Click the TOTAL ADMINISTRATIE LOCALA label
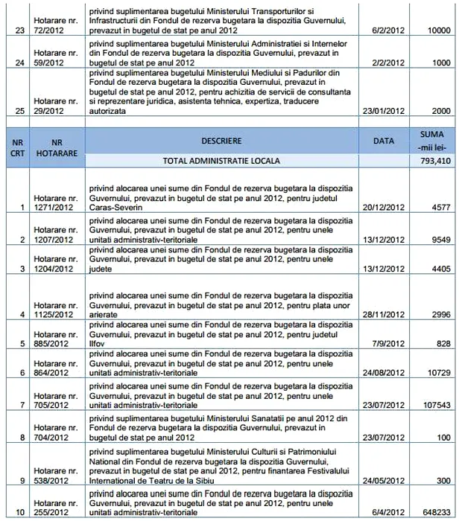(227, 160)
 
